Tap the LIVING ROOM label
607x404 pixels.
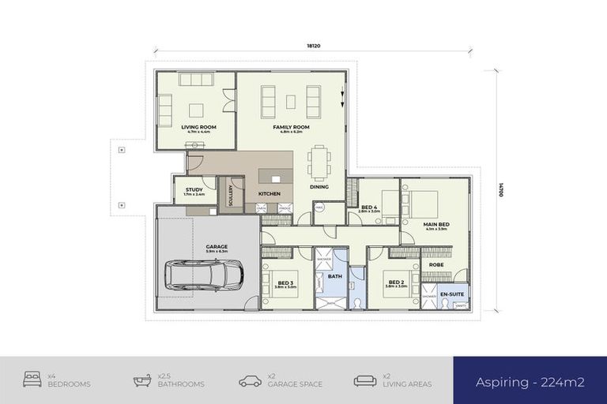coord(194,126)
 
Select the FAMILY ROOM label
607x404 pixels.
coord(291,126)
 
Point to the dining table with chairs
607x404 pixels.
coord(319,163)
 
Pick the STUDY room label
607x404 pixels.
coord(194,190)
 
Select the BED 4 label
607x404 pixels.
coord(368,207)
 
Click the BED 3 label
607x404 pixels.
coord(285,282)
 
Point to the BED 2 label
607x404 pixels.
coord(396,282)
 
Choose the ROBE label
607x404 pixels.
coord(435,264)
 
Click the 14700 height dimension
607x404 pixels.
coord(500,191)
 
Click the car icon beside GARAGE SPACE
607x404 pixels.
coord(251,381)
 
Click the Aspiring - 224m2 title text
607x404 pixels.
coord(530,382)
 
